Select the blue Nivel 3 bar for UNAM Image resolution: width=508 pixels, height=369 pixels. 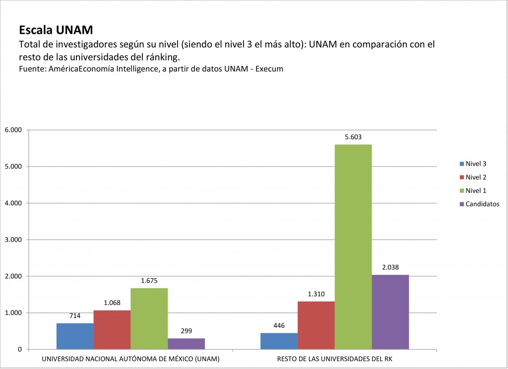(x=75, y=336)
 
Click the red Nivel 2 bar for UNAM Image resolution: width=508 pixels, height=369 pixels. (x=112, y=330)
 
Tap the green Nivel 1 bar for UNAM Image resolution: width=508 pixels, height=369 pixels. (x=149, y=318)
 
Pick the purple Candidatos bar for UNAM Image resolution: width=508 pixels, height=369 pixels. (x=186, y=344)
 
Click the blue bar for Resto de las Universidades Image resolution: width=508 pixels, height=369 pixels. (x=279, y=341)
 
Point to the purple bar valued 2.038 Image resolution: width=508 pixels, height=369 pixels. (x=390, y=312)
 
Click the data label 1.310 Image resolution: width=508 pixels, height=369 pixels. (x=316, y=294)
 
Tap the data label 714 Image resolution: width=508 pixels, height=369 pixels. (x=75, y=316)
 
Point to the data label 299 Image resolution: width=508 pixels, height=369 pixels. (x=186, y=331)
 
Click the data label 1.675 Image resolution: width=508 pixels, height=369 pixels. (x=149, y=281)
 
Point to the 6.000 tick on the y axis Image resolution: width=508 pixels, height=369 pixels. (x=13, y=130)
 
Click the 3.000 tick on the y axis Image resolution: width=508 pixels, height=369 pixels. (x=13, y=240)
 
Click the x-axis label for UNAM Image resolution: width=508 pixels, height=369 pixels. (x=130, y=359)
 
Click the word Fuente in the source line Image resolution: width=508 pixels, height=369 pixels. (x=31, y=69)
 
